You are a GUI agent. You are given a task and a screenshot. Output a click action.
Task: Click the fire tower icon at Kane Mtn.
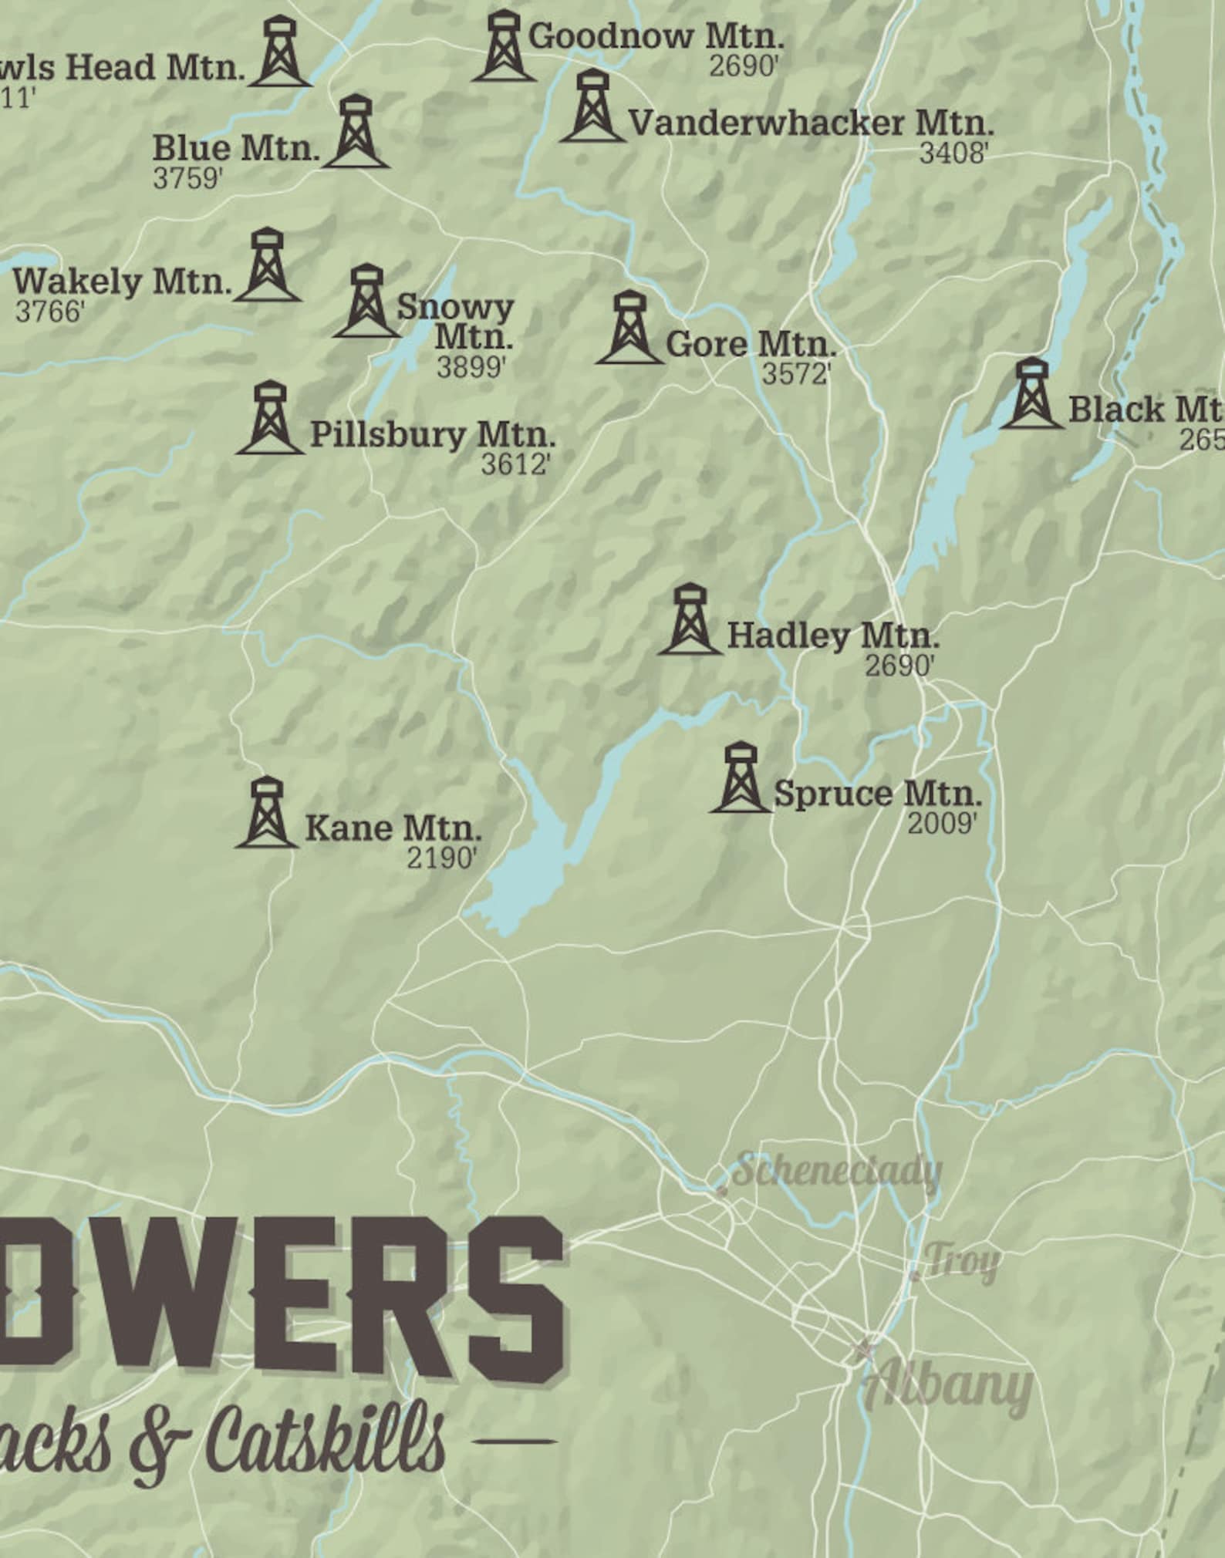(x=266, y=813)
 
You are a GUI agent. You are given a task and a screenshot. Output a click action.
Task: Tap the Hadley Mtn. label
(x=833, y=636)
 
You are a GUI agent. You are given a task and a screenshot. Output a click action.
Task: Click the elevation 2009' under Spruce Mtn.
(x=942, y=824)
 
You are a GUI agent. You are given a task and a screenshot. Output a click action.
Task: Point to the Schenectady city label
(x=836, y=1171)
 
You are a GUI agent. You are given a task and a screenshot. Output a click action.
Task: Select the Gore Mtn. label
(x=751, y=344)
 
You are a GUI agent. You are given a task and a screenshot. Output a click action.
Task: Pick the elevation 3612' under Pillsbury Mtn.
(x=515, y=464)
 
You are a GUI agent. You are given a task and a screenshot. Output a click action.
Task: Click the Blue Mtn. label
(x=235, y=148)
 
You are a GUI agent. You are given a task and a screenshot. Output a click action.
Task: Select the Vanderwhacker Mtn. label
(x=811, y=123)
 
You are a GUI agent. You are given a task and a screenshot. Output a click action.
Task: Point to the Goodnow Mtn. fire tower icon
(x=503, y=46)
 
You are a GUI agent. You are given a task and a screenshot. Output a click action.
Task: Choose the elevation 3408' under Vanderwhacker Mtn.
(x=953, y=153)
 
